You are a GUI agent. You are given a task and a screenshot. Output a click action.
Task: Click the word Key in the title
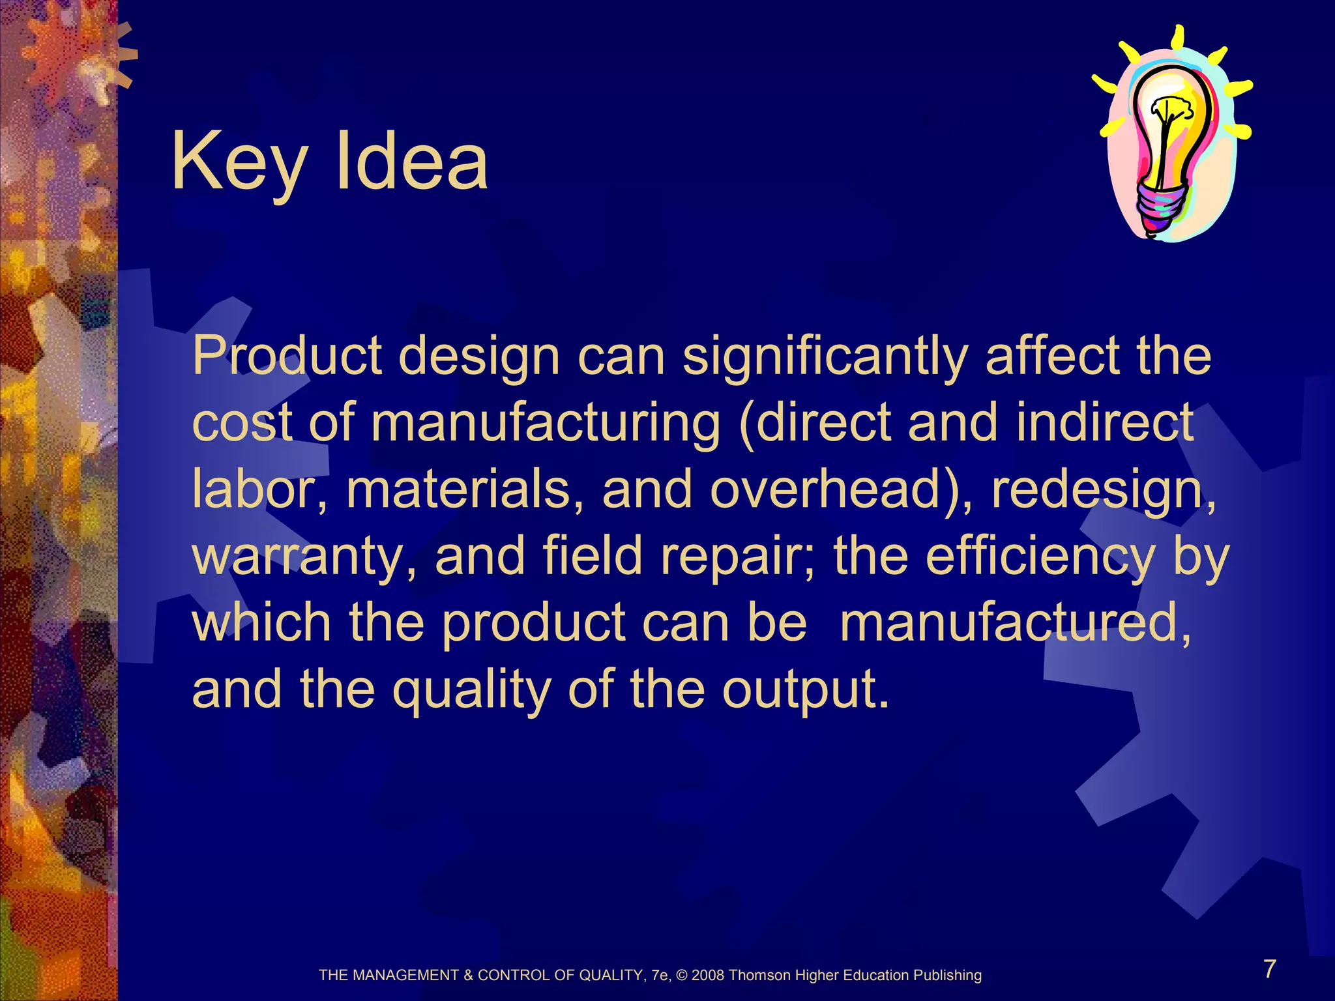pos(238,163)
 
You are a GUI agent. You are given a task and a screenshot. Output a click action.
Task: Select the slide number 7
pos(1269,969)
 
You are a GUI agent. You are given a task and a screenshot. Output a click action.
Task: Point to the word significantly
pos(825,357)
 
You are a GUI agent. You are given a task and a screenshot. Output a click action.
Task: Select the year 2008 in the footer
pos(708,976)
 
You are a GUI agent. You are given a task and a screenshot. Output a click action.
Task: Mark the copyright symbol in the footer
pos(682,976)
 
